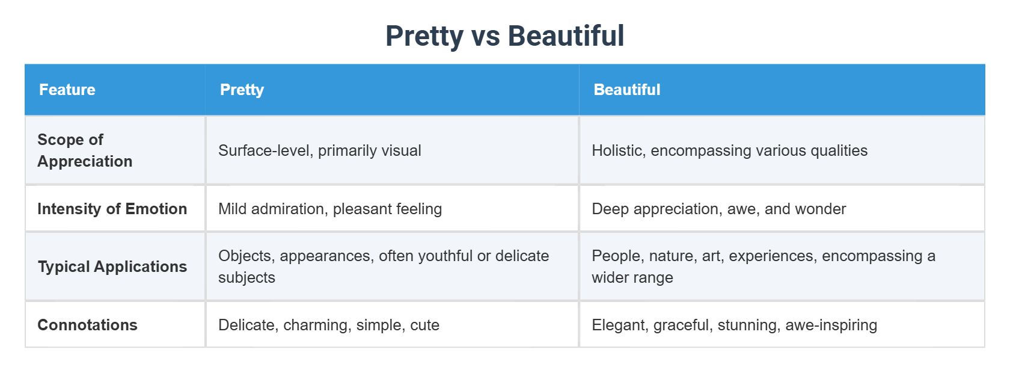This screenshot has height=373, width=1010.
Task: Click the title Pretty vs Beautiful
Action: [x=504, y=36]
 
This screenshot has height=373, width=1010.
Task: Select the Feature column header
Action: [x=67, y=90]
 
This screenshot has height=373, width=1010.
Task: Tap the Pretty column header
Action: [x=242, y=90]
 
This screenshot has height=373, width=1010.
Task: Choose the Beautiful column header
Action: [x=626, y=90]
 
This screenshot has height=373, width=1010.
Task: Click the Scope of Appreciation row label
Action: [x=85, y=150]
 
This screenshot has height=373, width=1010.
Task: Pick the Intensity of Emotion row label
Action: [x=112, y=209]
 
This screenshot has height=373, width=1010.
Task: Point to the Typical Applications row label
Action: [x=112, y=267]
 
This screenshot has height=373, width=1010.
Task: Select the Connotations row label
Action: [x=87, y=325]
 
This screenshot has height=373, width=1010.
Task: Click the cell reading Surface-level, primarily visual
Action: [x=319, y=150]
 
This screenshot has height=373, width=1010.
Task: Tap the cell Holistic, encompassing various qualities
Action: [x=729, y=150]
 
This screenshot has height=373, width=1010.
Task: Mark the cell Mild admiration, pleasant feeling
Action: [x=330, y=209]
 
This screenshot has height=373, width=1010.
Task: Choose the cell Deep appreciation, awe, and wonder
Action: [x=718, y=209]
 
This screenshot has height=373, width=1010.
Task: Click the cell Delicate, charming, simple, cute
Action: [x=328, y=325]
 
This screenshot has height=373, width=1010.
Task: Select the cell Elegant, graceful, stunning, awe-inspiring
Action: [x=734, y=325]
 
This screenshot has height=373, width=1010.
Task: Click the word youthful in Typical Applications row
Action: [x=445, y=256]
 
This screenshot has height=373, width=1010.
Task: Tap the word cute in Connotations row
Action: [x=424, y=325]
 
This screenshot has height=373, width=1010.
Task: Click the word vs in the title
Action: [x=486, y=36]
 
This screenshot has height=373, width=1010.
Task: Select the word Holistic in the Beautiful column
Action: [x=618, y=150]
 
